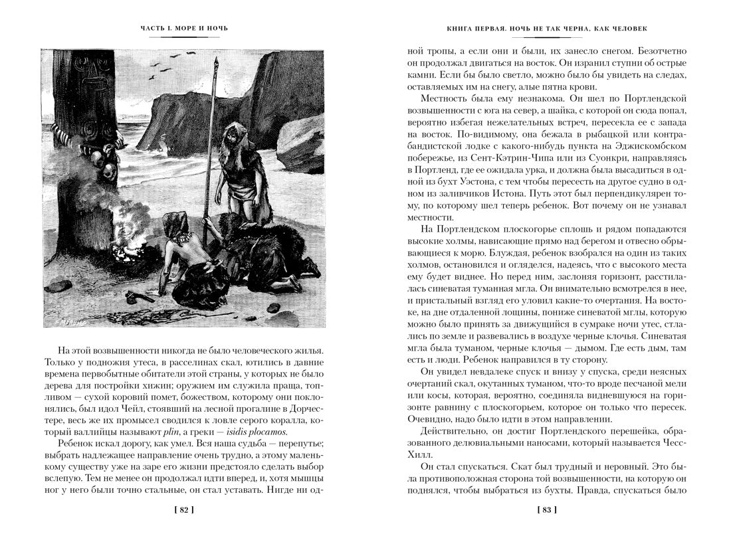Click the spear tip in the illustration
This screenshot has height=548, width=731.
point(216,64)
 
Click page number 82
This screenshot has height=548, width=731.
point(187,510)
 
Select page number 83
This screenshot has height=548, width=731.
point(546,510)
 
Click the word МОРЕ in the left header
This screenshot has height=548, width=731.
point(185,29)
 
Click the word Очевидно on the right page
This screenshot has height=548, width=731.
point(433,419)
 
